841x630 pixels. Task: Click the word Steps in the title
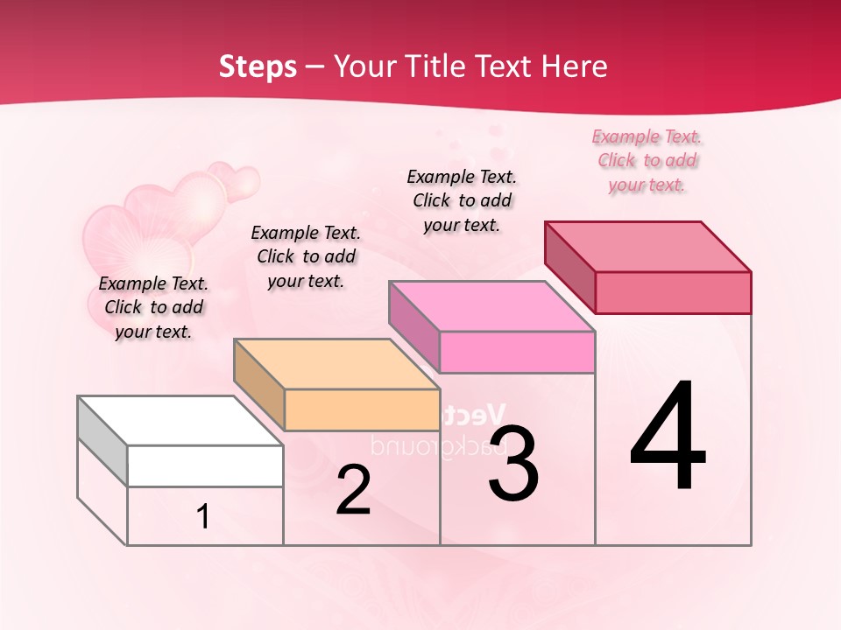(258, 66)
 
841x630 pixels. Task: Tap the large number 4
(668, 437)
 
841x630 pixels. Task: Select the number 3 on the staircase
(513, 465)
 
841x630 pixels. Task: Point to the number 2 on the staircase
(353, 491)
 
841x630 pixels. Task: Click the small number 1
(203, 516)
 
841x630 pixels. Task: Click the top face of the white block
(180, 420)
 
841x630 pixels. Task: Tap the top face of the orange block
(336, 363)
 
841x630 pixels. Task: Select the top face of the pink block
(491, 305)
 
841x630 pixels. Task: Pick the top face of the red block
(648, 246)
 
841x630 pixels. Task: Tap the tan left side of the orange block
(259, 386)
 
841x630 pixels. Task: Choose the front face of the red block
(673, 292)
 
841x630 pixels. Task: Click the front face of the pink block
(517, 352)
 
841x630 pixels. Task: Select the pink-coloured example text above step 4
(647, 161)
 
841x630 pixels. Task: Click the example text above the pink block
(462, 200)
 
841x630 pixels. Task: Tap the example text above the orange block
(306, 256)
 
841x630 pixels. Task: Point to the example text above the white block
(153, 307)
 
